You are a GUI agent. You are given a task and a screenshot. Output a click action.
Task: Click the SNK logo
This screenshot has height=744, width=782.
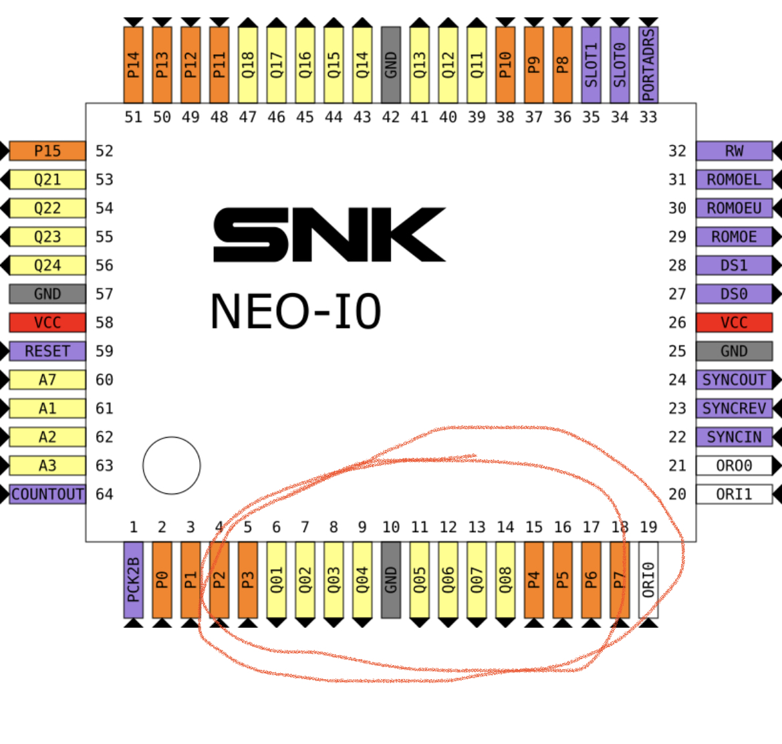pyautogui.click(x=329, y=235)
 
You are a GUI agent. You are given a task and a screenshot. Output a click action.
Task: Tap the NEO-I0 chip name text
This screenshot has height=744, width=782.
pyautogui.click(x=295, y=312)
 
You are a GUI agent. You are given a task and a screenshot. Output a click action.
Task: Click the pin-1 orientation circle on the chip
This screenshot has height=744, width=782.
pyautogui.click(x=172, y=465)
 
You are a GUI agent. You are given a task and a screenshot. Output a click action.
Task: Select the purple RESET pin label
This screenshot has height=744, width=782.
pyautogui.click(x=47, y=351)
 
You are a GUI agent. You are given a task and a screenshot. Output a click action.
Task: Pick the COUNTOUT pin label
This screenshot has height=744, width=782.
pyautogui.click(x=47, y=494)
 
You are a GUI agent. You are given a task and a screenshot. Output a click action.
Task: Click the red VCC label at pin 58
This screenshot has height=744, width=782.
pyautogui.click(x=47, y=323)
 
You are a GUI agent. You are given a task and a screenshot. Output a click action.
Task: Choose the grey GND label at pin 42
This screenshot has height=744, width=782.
pyautogui.click(x=391, y=65)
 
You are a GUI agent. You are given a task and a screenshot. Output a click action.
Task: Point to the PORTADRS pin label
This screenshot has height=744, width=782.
pyautogui.click(x=648, y=65)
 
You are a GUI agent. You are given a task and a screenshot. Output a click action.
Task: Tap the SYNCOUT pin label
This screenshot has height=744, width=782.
pyautogui.click(x=734, y=380)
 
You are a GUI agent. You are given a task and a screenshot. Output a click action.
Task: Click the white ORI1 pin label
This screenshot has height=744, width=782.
pyautogui.click(x=734, y=494)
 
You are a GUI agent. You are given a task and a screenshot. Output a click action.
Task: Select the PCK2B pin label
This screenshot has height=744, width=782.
pyautogui.click(x=133, y=580)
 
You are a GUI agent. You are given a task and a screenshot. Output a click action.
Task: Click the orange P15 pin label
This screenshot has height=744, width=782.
pyautogui.click(x=47, y=150)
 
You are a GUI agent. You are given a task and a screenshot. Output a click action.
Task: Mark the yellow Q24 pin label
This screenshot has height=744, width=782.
pyautogui.click(x=47, y=265)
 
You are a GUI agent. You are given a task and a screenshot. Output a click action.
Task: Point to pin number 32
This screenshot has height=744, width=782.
pyautogui.click(x=677, y=150)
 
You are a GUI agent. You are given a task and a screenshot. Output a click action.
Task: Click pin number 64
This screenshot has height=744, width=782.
pyautogui.click(x=104, y=494)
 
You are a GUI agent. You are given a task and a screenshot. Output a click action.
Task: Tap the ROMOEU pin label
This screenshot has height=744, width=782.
pyautogui.click(x=734, y=208)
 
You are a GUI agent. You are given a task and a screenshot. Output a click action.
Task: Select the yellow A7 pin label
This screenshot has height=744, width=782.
pyautogui.click(x=47, y=380)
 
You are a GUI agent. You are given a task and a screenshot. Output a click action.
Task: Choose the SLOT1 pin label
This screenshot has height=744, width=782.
pyautogui.click(x=591, y=65)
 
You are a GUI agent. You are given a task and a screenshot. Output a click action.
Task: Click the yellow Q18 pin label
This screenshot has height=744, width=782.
pyautogui.click(x=248, y=65)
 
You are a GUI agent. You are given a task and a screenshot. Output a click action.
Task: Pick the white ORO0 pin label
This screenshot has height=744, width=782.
pyautogui.click(x=734, y=466)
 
